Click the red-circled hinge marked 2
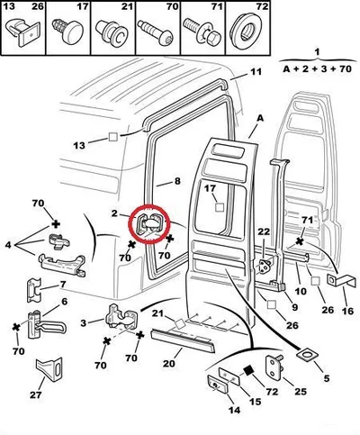[149, 224]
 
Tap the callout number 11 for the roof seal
[256, 72]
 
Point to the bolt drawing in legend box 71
[202, 32]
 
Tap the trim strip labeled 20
[183, 340]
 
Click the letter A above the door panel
[260, 118]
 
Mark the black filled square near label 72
[248, 371]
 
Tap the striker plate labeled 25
[274, 366]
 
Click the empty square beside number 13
[113, 137]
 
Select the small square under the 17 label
[220, 207]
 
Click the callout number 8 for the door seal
[177, 181]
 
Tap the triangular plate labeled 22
[265, 266]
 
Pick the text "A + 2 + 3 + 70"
[317, 69]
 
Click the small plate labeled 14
[218, 384]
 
